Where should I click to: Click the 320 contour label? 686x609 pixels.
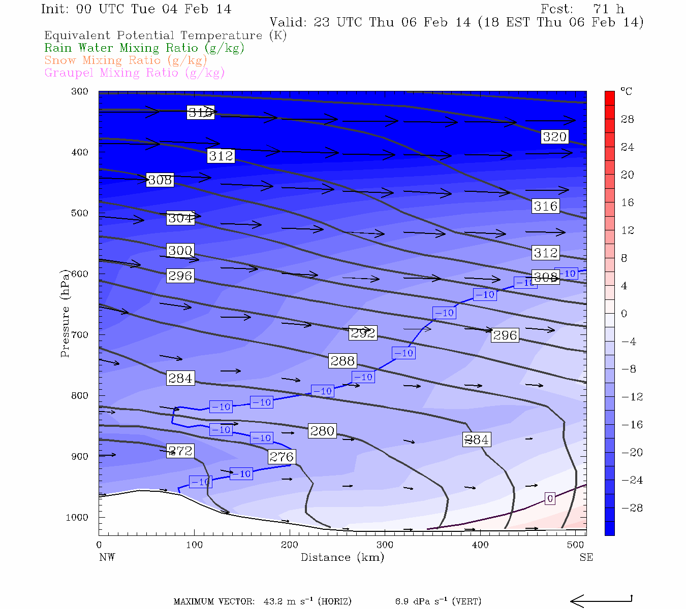[x=554, y=137]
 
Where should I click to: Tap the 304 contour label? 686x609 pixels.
[x=180, y=218]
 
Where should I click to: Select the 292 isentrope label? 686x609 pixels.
[x=363, y=333]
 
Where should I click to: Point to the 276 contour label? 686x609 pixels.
[x=282, y=457]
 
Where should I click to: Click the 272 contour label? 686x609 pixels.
[x=180, y=451]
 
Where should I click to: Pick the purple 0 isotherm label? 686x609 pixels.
[x=550, y=499]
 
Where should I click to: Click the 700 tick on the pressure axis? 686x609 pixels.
[x=80, y=335]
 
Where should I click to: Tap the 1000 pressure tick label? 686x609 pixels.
[x=77, y=518]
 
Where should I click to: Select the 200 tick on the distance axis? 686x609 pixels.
[x=290, y=545]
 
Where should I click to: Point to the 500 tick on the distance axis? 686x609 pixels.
[x=576, y=545]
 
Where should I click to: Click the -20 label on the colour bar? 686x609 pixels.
[x=632, y=453]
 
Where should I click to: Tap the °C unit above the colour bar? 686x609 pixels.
[x=626, y=91]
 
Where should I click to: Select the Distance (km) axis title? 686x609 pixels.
[x=342, y=557]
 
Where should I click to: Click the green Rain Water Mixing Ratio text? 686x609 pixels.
[x=144, y=48]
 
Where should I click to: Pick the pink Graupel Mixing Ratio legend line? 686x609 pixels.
[x=134, y=73]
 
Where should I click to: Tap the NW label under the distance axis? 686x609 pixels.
[x=107, y=557]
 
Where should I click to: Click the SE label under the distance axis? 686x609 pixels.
[x=586, y=557]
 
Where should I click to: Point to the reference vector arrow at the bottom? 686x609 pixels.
[x=601, y=601]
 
